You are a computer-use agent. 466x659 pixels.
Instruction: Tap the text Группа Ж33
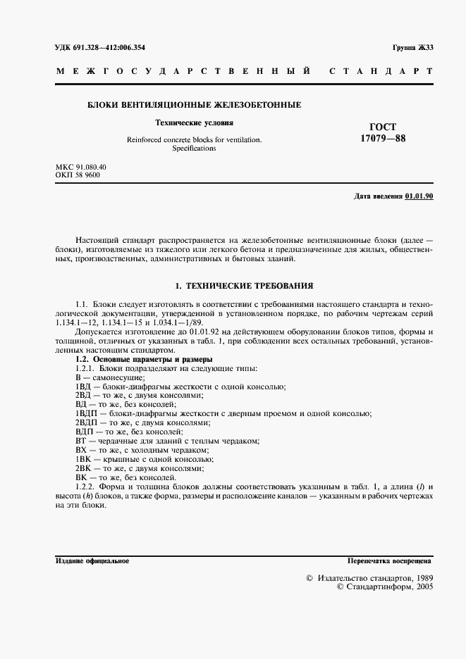click(412, 47)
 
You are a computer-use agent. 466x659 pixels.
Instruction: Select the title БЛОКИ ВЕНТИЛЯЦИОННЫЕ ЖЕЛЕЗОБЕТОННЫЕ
click(194, 105)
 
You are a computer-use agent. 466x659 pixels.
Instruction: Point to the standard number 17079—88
click(383, 138)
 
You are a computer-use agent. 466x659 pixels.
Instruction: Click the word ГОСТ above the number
click(383, 127)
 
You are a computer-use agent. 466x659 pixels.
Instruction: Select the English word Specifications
click(194, 149)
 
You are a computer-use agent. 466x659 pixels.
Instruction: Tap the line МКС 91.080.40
click(81, 167)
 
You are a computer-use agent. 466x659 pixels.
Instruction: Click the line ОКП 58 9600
click(78, 175)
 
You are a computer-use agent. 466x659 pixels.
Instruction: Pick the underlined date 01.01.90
click(419, 196)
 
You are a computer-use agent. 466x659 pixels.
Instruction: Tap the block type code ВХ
click(80, 450)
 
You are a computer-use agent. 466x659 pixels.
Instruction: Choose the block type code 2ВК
click(83, 468)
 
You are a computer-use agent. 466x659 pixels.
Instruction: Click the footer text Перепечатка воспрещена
click(390, 561)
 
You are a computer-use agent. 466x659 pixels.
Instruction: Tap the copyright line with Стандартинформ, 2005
click(385, 585)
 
